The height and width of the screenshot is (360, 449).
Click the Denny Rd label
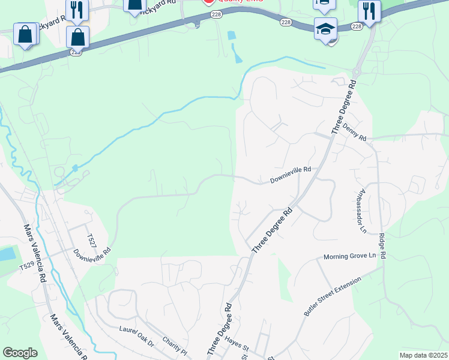point(355,133)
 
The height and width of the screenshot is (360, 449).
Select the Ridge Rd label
point(382,246)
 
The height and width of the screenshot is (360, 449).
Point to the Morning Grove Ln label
point(349,256)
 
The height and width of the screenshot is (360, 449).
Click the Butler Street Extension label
point(333,297)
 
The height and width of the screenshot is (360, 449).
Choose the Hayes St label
point(238,343)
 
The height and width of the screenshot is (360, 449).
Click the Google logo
point(20,352)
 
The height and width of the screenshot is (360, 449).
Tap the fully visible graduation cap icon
point(325,29)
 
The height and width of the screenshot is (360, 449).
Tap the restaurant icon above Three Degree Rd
point(369,11)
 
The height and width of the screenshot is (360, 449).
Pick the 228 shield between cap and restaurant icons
point(357,26)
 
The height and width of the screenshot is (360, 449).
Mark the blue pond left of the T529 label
point(6,254)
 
